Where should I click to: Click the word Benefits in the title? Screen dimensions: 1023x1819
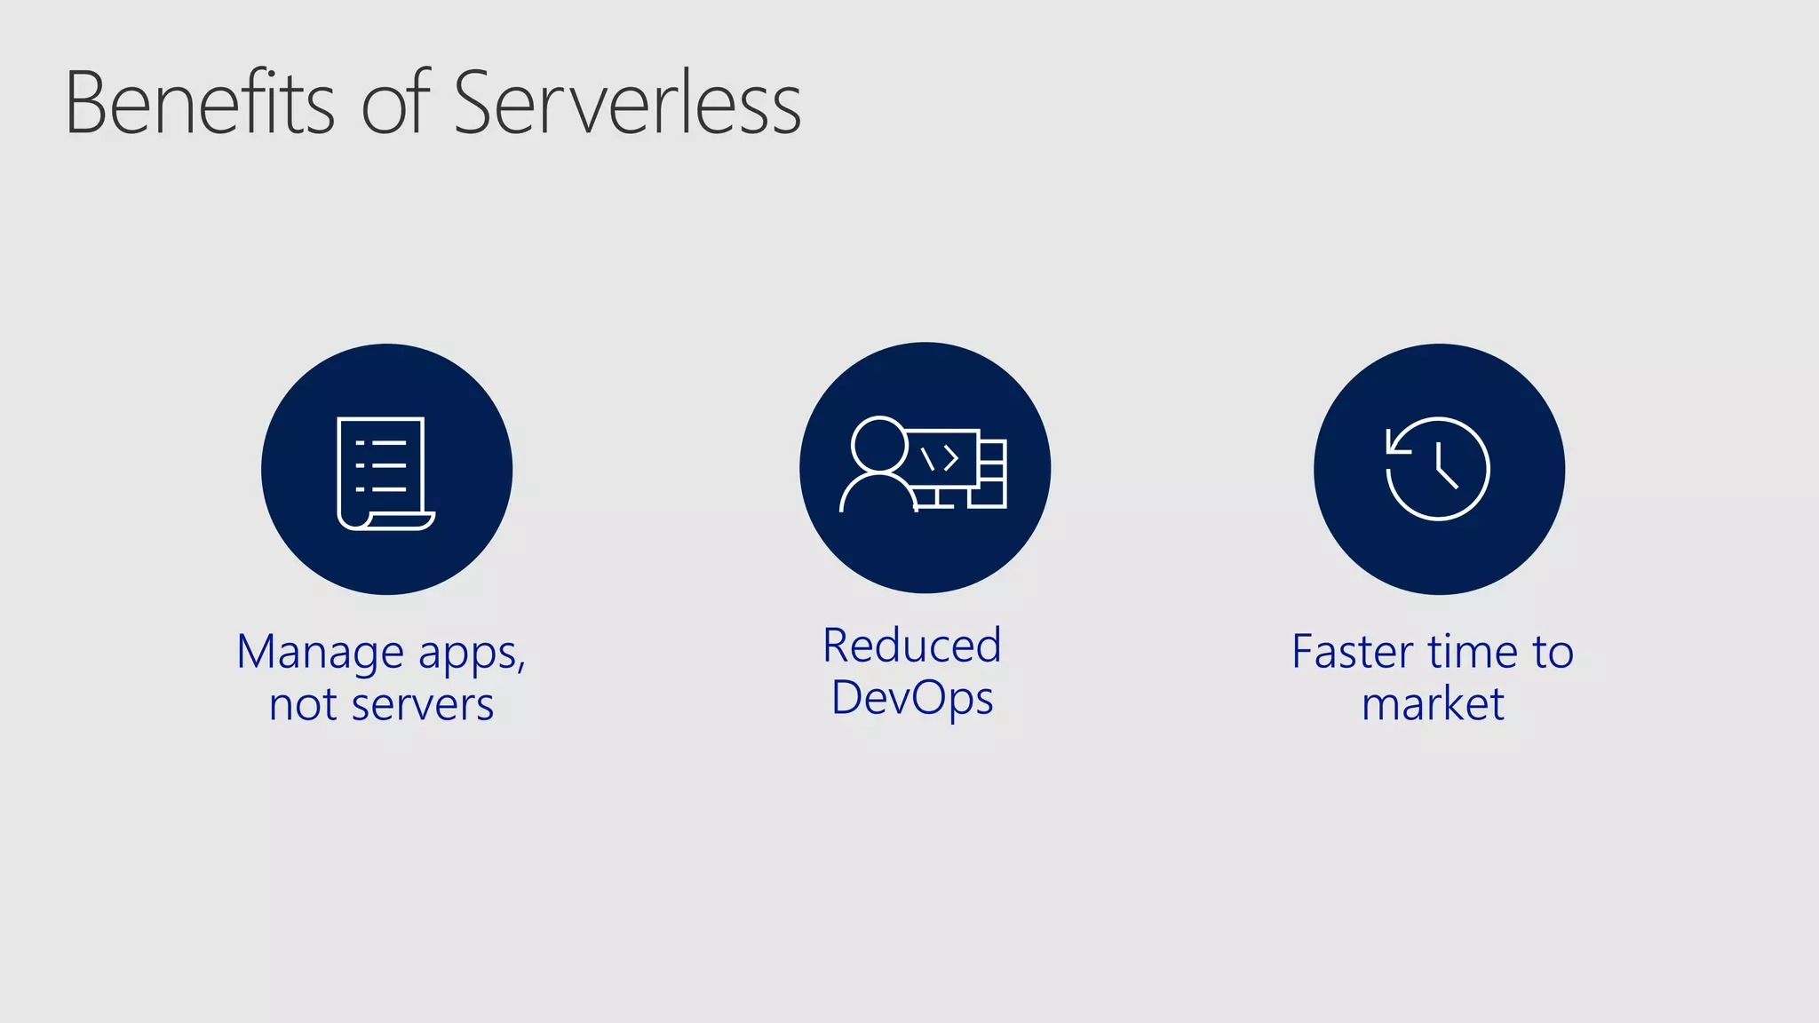201,104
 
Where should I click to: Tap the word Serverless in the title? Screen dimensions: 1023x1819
627,104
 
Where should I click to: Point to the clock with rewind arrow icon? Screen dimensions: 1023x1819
1438,468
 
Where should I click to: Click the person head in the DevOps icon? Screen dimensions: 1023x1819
878,444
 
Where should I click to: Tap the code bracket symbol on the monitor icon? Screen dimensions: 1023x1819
941,458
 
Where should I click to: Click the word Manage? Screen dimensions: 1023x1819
321,653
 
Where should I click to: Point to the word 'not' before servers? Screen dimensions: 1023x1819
303,705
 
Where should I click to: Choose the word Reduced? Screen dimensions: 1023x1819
912,646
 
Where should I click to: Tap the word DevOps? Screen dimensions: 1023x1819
912,698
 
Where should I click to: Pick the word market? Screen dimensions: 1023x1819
1433,704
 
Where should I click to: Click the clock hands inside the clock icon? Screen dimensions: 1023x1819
1444,468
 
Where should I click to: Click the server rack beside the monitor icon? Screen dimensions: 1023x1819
991,473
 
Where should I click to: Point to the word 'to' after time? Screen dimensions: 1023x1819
1553,652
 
